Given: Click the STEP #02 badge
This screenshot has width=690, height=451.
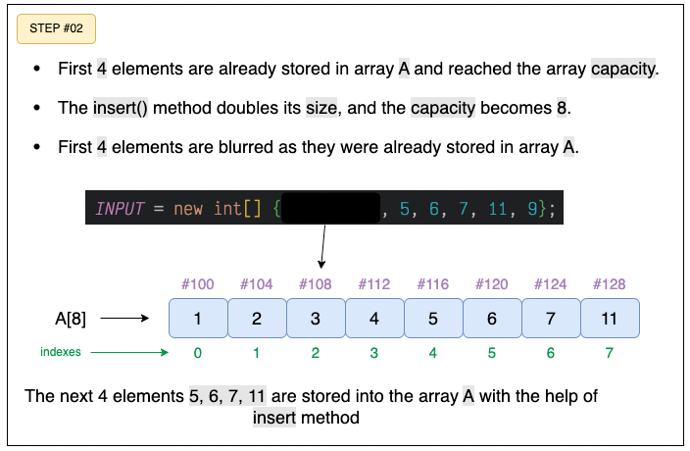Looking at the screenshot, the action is click(56, 29).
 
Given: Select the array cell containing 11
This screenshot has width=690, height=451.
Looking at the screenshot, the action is click(610, 318).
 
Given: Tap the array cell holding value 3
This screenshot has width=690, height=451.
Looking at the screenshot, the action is click(316, 318).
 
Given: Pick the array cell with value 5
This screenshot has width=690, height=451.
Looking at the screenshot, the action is click(433, 318).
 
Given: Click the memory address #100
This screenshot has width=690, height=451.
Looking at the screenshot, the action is click(198, 284).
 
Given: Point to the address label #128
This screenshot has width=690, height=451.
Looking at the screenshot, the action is click(609, 284).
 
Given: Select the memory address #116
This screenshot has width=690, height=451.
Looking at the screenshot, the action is click(433, 284).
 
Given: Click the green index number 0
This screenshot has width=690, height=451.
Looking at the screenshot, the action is click(198, 353).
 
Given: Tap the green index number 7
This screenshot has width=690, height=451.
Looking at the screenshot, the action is click(609, 353).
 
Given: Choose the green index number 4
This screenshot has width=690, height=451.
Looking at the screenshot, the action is click(433, 353).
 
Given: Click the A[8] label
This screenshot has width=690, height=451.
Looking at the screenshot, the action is click(71, 319).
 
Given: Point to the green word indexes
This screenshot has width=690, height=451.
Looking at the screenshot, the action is click(61, 352).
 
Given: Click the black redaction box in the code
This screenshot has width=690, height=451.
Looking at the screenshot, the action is click(330, 208).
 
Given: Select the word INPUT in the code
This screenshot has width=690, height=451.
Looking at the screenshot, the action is click(120, 209).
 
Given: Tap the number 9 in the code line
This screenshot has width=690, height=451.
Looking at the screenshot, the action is click(532, 209).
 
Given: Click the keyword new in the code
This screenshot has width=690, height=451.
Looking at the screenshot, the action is click(188, 209).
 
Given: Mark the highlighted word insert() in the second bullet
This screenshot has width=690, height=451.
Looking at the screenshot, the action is click(121, 108).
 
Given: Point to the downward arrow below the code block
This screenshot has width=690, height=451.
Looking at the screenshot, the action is click(323, 246).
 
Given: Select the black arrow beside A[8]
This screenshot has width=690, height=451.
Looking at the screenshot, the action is click(124, 318).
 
